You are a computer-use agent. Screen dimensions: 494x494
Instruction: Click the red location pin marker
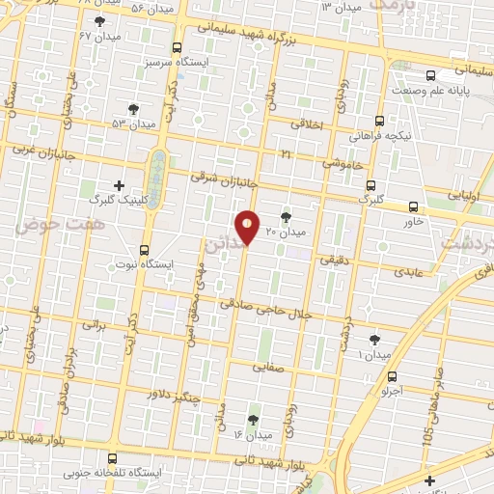tap(248, 226)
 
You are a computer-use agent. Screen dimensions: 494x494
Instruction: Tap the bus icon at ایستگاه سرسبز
tap(176, 47)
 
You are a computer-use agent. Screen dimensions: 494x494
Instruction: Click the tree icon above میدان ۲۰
tap(285, 217)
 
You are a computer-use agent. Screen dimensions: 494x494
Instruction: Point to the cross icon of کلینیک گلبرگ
tap(119, 185)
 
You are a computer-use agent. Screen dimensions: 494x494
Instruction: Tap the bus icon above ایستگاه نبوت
tap(145, 248)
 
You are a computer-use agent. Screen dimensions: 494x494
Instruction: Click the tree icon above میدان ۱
tap(374, 339)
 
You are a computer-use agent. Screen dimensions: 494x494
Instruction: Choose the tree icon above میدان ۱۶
tap(253, 420)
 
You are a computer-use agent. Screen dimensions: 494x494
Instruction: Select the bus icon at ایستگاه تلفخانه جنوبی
tap(113, 458)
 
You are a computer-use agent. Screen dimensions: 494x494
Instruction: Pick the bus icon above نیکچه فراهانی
tap(379, 122)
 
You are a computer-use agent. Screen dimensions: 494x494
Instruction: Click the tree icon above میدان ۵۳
tap(133, 108)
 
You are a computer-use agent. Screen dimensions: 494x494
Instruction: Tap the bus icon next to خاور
tap(413, 206)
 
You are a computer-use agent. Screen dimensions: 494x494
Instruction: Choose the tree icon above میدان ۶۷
tap(100, 21)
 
